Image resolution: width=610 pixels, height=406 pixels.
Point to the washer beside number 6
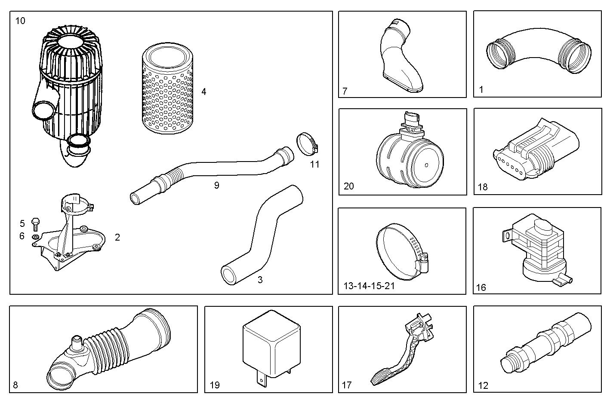[35, 237]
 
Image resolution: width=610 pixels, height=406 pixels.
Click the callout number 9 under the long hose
[216, 185]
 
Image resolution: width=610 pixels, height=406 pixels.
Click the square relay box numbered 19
[271, 344]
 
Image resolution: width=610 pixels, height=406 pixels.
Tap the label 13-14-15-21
[369, 286]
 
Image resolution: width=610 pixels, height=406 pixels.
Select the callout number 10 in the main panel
[20, 21]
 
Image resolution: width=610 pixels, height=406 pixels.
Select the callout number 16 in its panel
[481, 287]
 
